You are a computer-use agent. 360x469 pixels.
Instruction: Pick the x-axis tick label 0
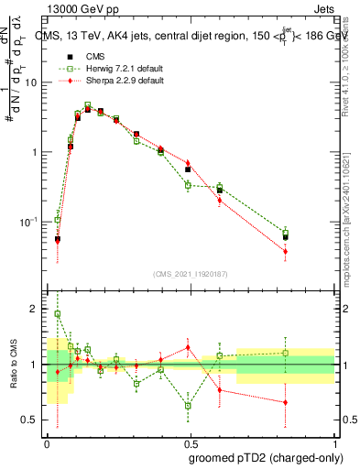click(47, 442)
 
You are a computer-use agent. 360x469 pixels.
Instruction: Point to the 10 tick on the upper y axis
click(31, 82)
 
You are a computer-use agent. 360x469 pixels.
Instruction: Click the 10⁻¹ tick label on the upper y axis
click(29, 222)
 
